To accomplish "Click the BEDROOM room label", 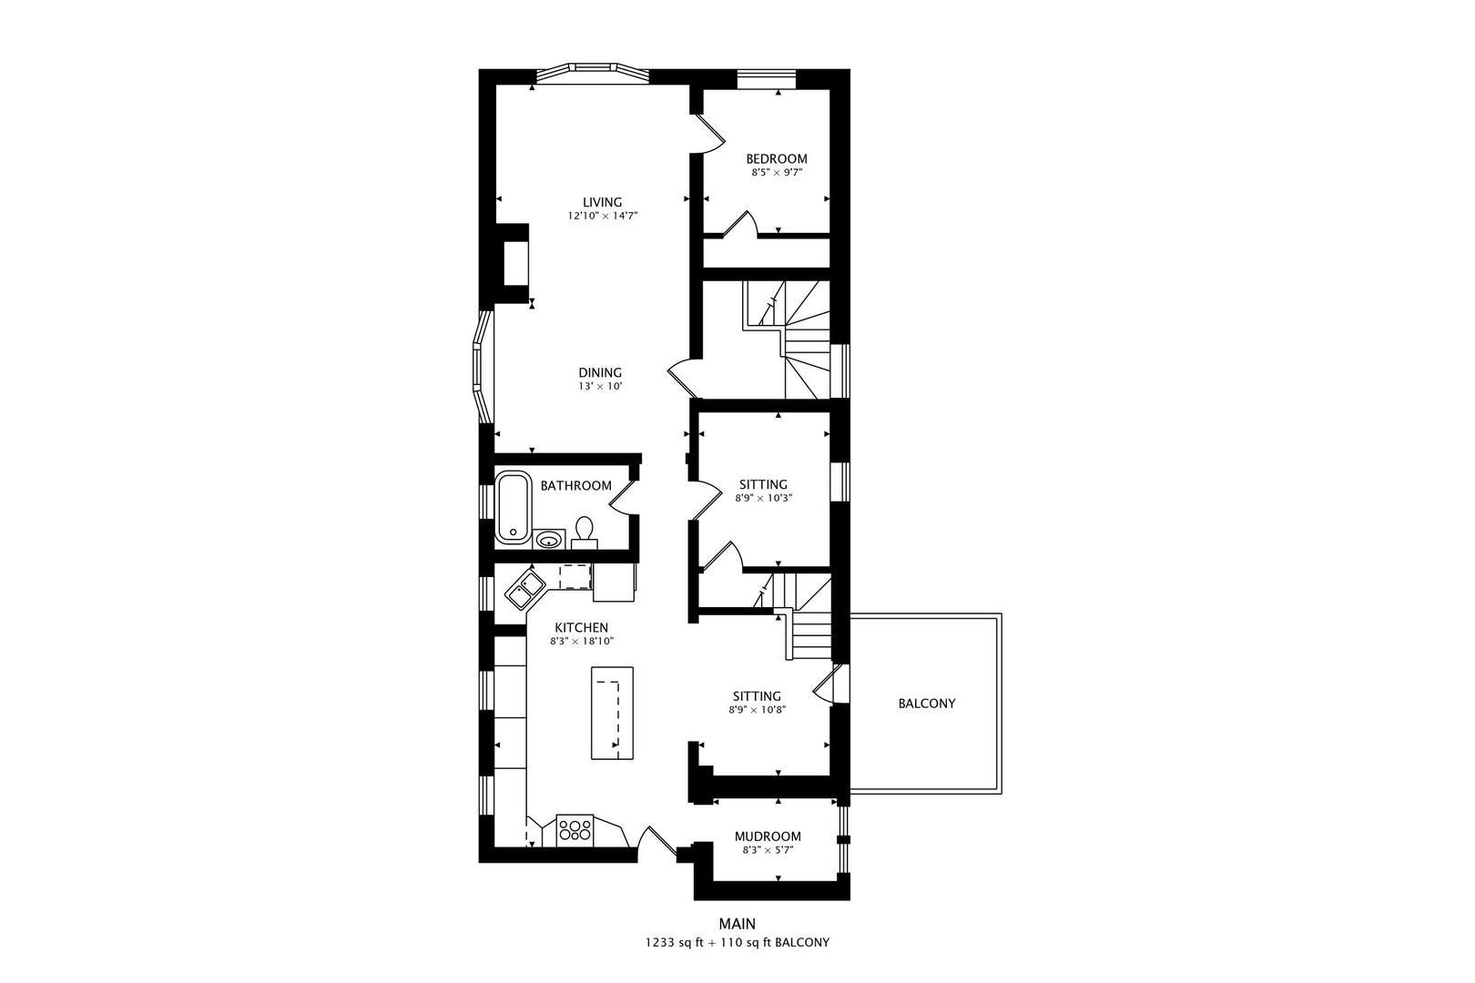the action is (777, 158).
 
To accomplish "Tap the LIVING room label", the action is (602, 202).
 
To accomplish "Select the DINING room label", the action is (600, 372).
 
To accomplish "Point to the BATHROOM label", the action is (576, 486).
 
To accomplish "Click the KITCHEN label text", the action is (582, 627).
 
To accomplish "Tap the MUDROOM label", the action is (768, 836).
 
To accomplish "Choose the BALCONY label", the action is (927, 704).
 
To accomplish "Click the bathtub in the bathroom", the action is (514, 507).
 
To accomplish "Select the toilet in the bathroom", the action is (584, 532).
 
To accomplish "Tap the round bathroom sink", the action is (548, 540).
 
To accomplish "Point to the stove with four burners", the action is (575, 830).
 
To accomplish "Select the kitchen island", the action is (612, 713).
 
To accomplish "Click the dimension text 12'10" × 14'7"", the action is (603, 216).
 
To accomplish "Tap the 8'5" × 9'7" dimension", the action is (777, 173).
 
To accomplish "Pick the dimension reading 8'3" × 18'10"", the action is (582, 641).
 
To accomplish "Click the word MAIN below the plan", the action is (737, 924).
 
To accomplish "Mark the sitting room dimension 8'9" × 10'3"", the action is (763, 499).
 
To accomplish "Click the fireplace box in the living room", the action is (516, 264).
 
